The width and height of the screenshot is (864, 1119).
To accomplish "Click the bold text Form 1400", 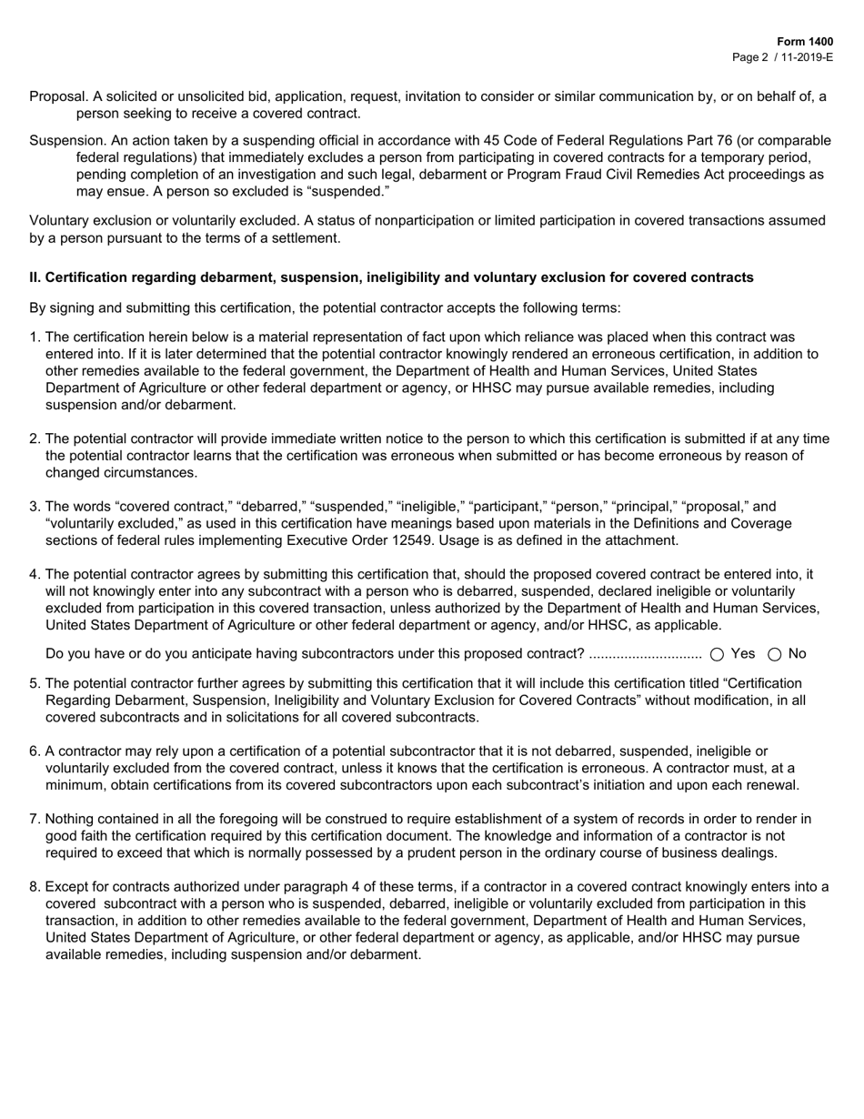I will pos(805,42).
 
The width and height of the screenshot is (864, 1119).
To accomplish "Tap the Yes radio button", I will pos(717,654).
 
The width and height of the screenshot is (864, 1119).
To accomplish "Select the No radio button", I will pos(776,654).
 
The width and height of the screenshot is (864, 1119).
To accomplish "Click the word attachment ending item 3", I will pos(642,540).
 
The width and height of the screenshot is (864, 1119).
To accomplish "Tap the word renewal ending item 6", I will pos(773,785).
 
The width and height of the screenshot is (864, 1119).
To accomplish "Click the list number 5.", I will pos(35,683).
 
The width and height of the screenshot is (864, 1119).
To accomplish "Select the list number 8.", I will pos(35,887).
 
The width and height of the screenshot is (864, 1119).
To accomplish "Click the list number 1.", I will pos(35,338).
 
